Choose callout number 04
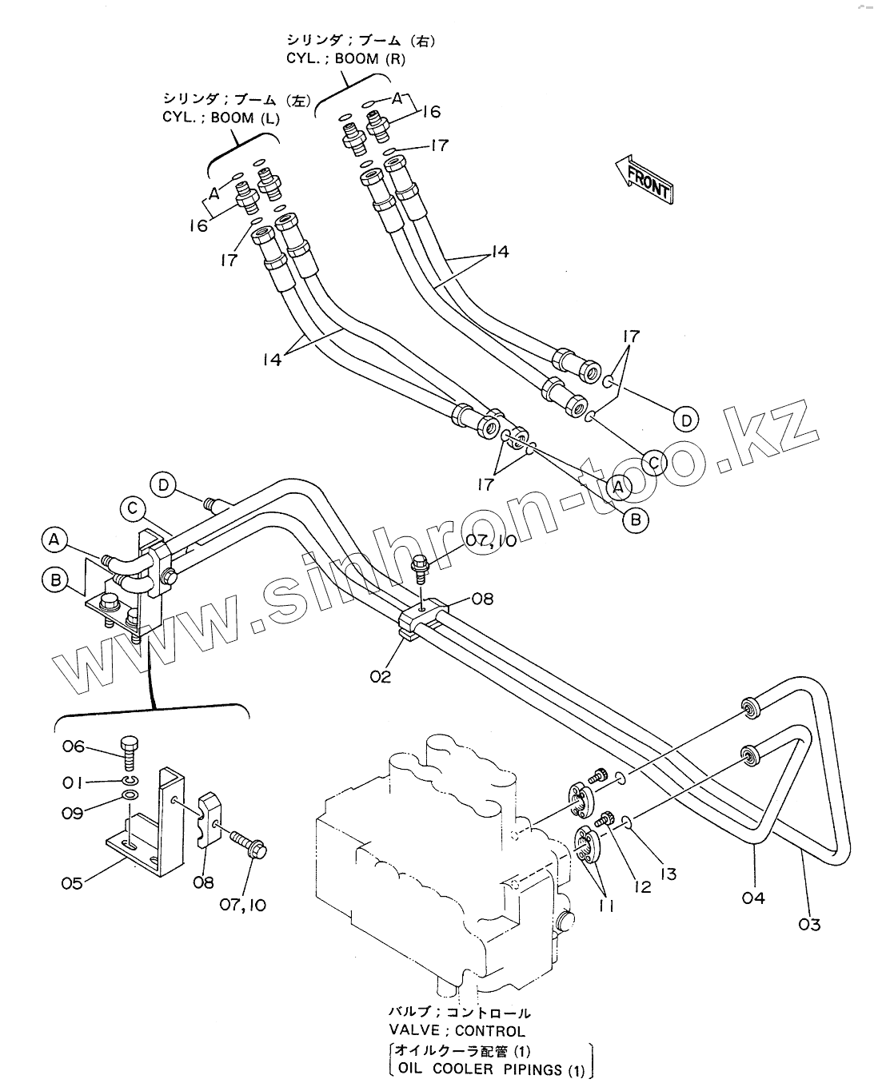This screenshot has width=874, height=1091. click(x=753, y=898)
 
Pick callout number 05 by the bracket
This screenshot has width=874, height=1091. click(x=73, y=883)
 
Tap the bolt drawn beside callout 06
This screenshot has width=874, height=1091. click(x=130, y=751)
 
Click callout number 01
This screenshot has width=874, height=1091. click(x=73, y=780)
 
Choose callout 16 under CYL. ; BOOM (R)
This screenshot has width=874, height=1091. click(x=430, y=111)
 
